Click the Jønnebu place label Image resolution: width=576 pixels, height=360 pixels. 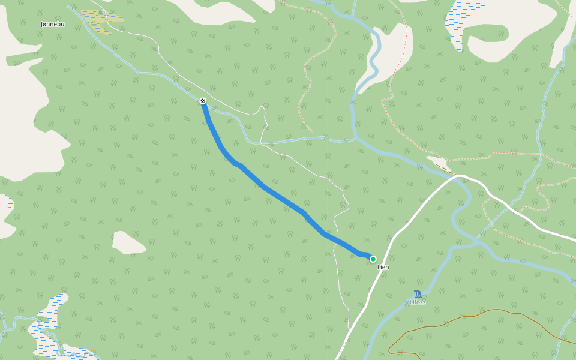click(x=52, y=24)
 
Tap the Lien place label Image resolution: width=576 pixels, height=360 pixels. click(x=383, y=267)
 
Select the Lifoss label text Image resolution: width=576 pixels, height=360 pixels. click(x=418, y=302)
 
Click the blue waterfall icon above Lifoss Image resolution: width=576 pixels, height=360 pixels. click(x=418, y=293)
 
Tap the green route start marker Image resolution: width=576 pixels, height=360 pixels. click(x=373, y=259)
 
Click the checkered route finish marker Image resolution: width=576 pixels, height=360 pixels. click(x=203, y=101)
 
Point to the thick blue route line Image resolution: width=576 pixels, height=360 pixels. click(x=282, y=200)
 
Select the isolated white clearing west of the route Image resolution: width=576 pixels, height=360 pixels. click(x=128, y=242)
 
